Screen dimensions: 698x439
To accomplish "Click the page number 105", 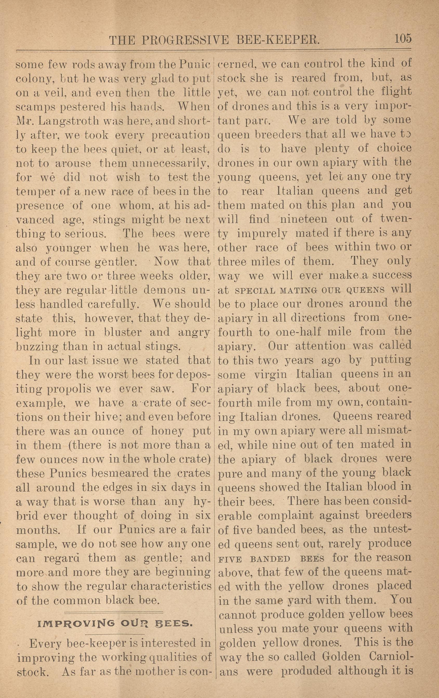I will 403,38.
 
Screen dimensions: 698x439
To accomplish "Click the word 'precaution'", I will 181,135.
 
